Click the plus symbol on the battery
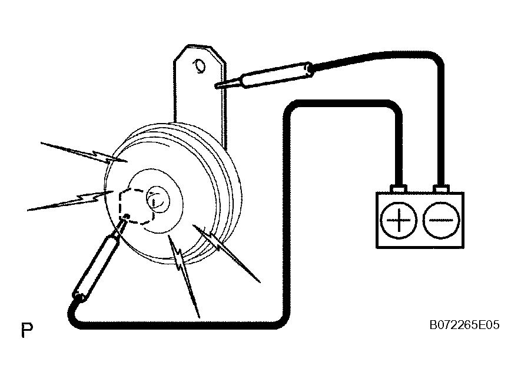click(x=399, y=220)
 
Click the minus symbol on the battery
click(x=442, y=220)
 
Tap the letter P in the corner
click(x=27, y=330)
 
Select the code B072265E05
click(x=464, y=325)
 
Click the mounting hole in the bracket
click(x=200, y=66)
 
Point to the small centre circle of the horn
click(x=158, y=200)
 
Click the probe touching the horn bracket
click(x=264, y=76)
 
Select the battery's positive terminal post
click(x=399, y=189)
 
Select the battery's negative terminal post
click(x=442, y=189)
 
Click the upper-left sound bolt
click(x=84, y=152)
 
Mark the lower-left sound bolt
click(x=71, y=201)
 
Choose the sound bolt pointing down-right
click(x=227, y=254)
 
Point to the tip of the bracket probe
click(x=215, y=87)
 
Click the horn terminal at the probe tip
click(x=126, y=217)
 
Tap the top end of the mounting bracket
click(x=200, y=45)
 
